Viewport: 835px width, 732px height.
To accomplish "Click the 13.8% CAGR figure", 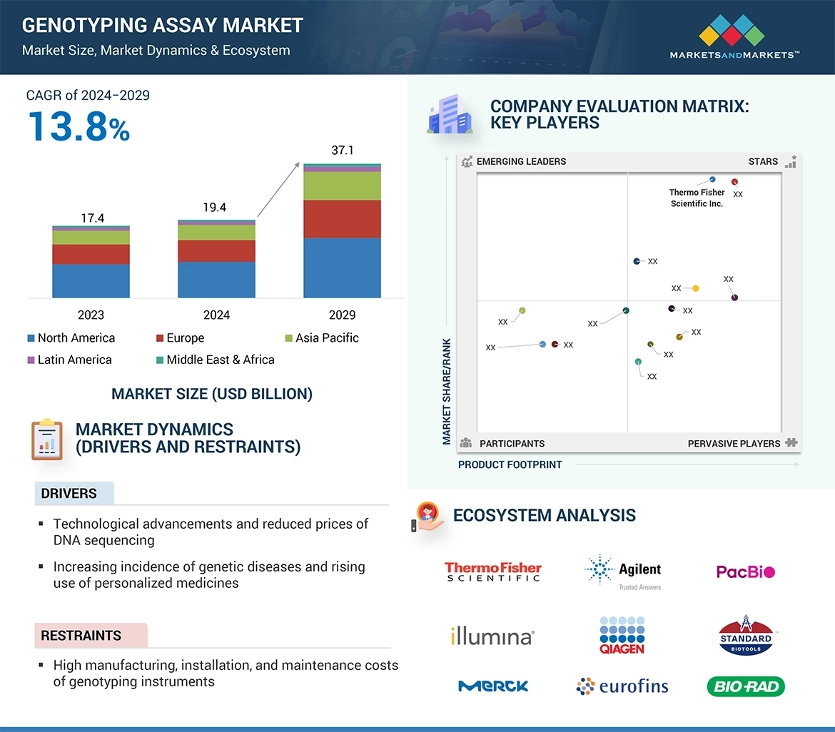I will (x=79, y=126).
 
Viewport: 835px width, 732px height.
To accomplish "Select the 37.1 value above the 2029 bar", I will (x=342, y=151).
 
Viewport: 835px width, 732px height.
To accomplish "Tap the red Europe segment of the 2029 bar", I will (x=342, y=218).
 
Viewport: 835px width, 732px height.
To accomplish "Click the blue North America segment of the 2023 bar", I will (x=91, y=280).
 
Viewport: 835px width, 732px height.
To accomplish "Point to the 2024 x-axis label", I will (x=216, y=315).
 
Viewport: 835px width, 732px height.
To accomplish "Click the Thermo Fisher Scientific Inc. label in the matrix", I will (x=697, y=198).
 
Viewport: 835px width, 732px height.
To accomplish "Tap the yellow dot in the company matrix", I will (x=696, y=288).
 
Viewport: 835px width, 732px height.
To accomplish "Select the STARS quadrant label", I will (x=763, y=161).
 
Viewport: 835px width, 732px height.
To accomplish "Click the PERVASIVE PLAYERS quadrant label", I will (x=734, y=444).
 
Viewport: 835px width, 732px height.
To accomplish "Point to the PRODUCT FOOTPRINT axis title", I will (x=510, y=464).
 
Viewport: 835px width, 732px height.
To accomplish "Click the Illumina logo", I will (x=492, y=636).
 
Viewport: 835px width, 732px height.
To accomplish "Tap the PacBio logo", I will (x=745, y=571).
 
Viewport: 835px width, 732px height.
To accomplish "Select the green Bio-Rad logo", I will (x=745, y=686).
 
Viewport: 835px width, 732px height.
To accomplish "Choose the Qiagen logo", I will (x=622, y=635).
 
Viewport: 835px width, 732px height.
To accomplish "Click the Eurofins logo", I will (x=622, y=686).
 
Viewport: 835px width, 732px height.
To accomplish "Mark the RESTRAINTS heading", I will (x=81, y=635).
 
